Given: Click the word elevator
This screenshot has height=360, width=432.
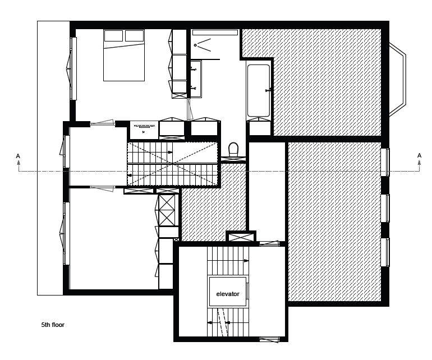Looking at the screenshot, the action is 228,294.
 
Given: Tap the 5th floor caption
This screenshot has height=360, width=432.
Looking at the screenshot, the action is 53,325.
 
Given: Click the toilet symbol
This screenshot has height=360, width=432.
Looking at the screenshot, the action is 233,149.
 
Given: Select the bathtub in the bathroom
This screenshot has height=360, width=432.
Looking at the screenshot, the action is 259,91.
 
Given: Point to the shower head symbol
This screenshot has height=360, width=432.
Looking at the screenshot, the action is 195,45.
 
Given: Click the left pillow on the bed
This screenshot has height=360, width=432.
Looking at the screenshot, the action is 113,36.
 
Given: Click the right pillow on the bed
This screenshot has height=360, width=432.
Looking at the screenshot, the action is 135,36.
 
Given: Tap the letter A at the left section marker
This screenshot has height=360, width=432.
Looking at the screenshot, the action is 18,156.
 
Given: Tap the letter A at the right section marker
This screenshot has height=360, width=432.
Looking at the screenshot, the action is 419,156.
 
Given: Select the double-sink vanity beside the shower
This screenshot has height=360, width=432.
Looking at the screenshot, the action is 196,79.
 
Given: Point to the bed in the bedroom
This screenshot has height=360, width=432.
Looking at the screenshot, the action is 124,55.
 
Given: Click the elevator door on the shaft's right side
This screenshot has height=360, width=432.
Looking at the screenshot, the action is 247,291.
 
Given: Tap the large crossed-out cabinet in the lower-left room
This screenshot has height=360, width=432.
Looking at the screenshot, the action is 167,210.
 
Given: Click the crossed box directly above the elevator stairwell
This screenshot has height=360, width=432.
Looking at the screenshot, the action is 241,237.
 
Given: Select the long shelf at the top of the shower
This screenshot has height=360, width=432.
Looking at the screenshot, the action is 215,33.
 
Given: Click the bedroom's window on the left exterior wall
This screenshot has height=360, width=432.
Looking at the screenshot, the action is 72,68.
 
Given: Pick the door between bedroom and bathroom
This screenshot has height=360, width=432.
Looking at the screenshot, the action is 189,109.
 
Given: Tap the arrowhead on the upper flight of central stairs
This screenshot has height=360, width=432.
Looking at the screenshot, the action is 170,152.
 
